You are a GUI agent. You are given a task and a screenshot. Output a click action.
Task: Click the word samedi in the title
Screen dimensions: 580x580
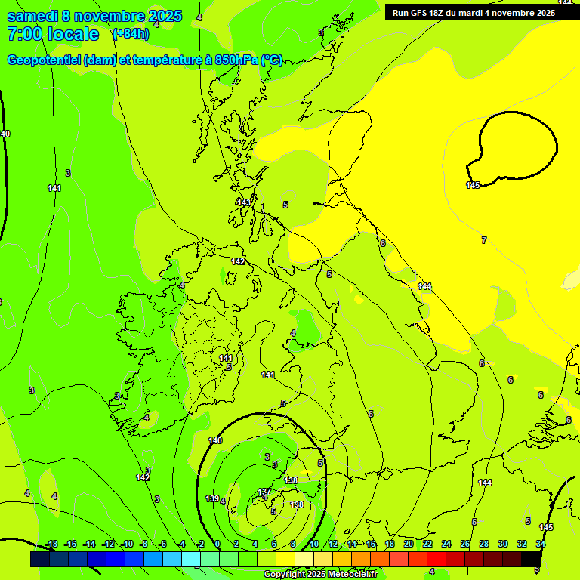click(33, 16)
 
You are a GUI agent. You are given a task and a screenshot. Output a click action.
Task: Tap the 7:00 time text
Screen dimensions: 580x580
click(23, 34)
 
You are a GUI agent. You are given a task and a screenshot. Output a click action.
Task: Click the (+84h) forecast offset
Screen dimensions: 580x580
click(131, 34)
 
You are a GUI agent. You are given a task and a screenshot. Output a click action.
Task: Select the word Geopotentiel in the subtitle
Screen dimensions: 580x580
click(43, 60)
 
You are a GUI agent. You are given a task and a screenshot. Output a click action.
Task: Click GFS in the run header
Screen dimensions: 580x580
click(424, 12)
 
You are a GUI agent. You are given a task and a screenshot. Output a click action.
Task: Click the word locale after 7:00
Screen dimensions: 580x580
click(73, 34)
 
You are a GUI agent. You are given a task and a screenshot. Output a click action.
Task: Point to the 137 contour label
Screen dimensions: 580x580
click(264, 492)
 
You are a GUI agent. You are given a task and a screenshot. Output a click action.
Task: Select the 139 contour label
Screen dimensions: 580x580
click(212, 498)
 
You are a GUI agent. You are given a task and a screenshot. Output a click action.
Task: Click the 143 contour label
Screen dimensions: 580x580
click(243, 202)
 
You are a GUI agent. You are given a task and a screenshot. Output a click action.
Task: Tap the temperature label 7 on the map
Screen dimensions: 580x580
click(484, 240)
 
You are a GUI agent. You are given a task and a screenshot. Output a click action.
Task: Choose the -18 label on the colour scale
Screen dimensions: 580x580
click(51, 544)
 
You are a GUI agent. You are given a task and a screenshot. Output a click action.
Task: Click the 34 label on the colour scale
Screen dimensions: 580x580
click(541, 544)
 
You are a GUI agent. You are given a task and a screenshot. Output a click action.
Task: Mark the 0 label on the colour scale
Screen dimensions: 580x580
click(217, 544)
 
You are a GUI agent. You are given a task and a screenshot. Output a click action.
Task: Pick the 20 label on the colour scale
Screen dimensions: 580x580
click(409, 544)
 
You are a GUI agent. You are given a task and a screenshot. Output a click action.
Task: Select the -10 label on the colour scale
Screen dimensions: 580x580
click(127, 544)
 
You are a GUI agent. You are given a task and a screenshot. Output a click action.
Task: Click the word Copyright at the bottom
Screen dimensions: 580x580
click(287, 574)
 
